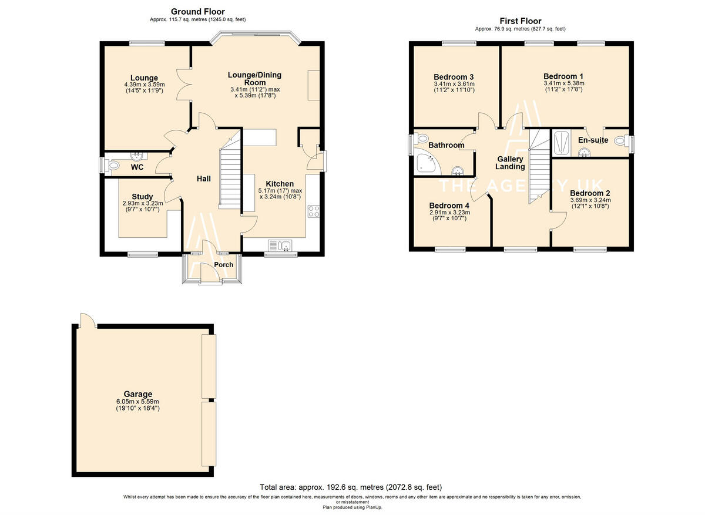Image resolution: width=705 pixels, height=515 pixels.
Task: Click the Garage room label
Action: click(137, 394)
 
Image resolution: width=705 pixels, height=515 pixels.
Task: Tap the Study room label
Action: click(142, 197)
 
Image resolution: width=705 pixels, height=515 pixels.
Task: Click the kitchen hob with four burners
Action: click(313, 211)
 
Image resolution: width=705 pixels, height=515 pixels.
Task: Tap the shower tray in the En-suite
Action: click(560, 143)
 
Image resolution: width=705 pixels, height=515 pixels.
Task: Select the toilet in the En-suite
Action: click(620, 142)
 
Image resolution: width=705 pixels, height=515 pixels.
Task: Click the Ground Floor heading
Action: click(197, 12)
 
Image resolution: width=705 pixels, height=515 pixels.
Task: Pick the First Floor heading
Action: click(520, 21)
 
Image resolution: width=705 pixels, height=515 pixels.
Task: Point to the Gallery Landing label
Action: click(509, 163)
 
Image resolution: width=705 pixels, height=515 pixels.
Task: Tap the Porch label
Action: click(223, 265)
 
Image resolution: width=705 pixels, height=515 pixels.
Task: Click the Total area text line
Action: click(351, 487)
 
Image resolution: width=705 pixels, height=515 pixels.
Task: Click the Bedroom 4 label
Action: click(449, 206)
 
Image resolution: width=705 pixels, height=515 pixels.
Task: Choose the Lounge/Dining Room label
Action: click(254, 79)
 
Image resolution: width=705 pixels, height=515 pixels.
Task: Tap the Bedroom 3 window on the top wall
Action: click(459, 42)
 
